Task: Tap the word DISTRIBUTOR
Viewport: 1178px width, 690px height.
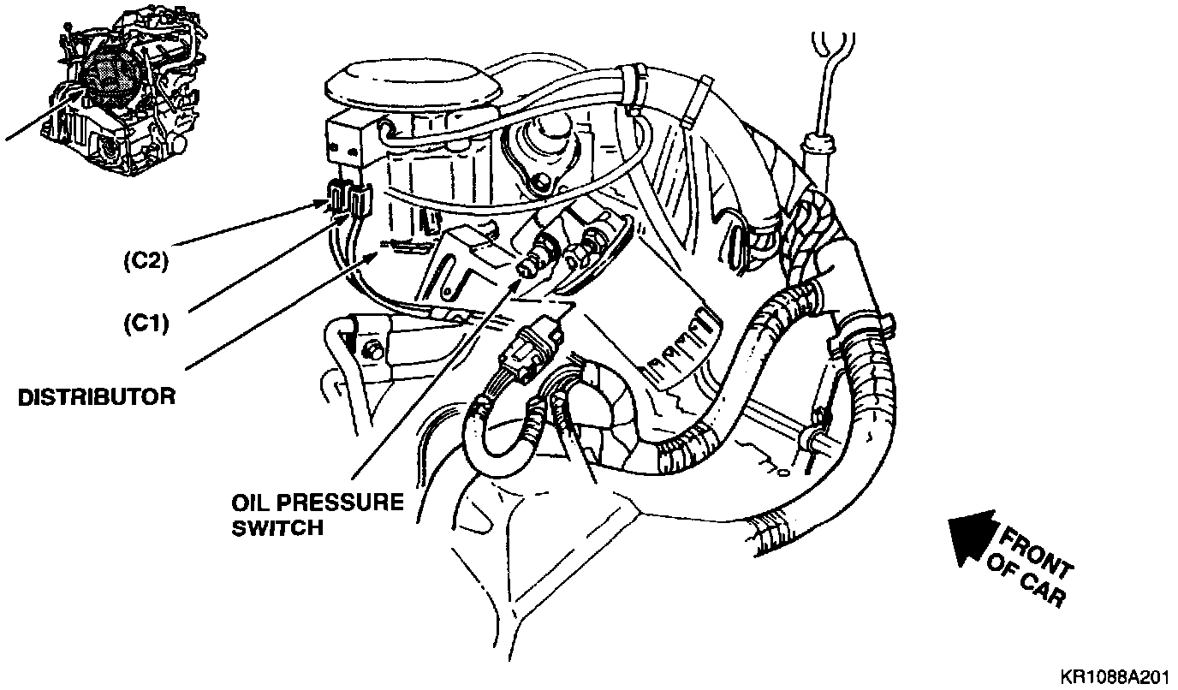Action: (x=97, y=397)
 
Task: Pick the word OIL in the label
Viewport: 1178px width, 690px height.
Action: (x=251, y=501)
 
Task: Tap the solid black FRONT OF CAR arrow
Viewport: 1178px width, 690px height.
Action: (x=973, y=537)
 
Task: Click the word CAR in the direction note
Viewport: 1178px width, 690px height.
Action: (x=1042, y=591)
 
